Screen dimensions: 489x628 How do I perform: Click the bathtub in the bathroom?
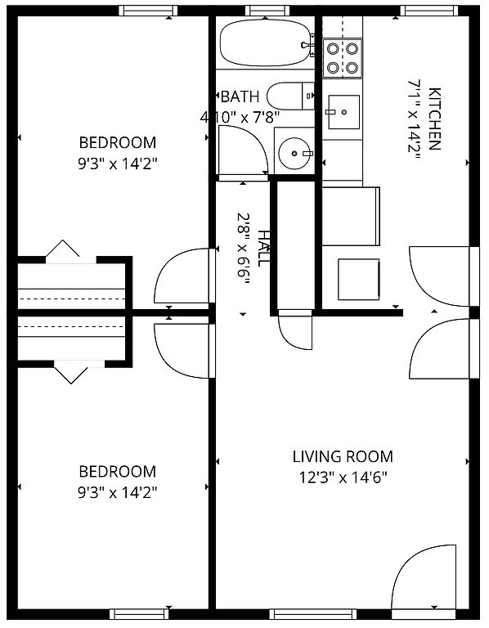(x=266, y=43)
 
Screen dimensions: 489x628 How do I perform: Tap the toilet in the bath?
(x=291, y=96)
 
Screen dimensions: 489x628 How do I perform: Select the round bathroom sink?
(x=295, y=153)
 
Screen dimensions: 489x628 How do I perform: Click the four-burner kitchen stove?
(x=343, y=58)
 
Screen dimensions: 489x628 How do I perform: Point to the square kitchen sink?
(x=343, y=112)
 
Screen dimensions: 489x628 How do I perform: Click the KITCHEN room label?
(x=434, y=119)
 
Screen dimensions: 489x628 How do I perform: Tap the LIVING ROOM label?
(x=343, y=456)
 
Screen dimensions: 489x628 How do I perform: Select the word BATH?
(x=240, y=96)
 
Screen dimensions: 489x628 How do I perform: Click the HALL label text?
(x=264, y=248)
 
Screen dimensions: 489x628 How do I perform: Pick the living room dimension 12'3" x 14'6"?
(x=343, y=478)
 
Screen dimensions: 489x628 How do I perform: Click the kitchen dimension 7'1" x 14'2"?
(x=414, y=119)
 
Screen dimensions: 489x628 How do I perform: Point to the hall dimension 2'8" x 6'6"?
(x=243, y=248)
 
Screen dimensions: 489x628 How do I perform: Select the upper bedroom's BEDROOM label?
(x=118, y=142)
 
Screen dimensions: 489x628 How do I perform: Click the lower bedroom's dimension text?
(x=118, y=492)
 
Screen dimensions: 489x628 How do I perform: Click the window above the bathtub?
(x=267, y=11)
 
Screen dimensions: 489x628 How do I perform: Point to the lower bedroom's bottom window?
(x=139, y=614)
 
